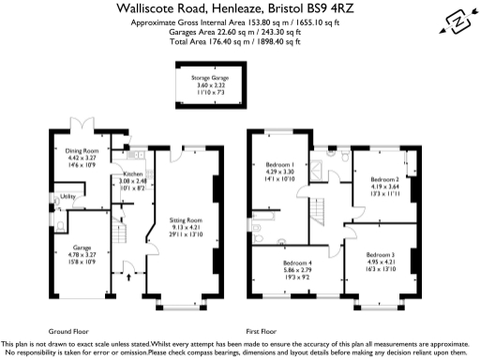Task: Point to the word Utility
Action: [x=67, y=197]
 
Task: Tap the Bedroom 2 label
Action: [x=384, y=178]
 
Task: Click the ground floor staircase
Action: [x=116, y=230]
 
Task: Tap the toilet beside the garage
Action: [x=57, y=225]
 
